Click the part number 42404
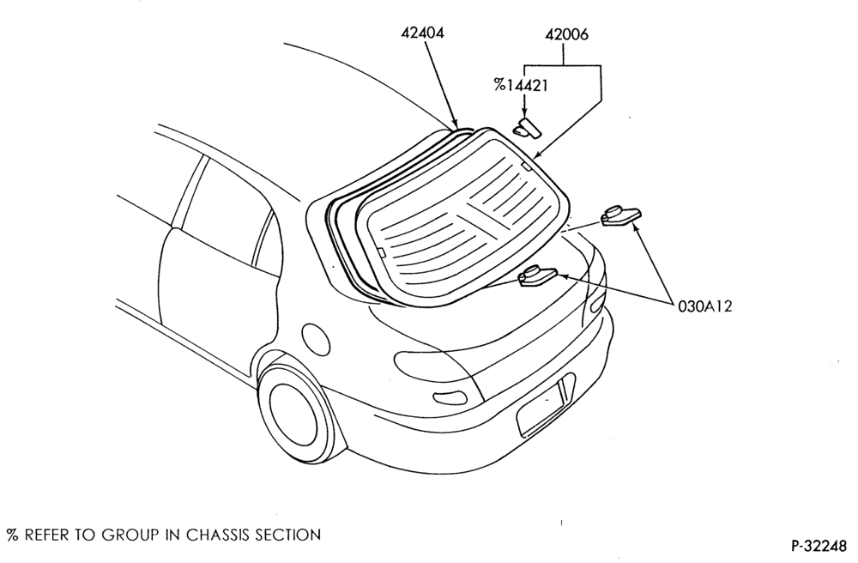click(x=422, y=33)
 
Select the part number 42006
click(x=567, y=34)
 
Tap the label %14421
click(x=521, y=85)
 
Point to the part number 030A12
click(x=704, y=306)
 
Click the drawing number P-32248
click(x=819, y=546)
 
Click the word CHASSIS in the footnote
click(x=218, y=535)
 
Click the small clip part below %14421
click(x=527, y=128)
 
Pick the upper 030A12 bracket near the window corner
click(x=621, y=215)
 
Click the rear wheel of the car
click(x=293, y=413)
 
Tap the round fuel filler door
click(x=316, y=339)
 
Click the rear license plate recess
click(x=546, y=403)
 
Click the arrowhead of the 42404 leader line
click(x=454, y=124)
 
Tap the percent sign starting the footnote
click(x=12, y=535)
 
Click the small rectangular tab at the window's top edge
click(x=525, y=166)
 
